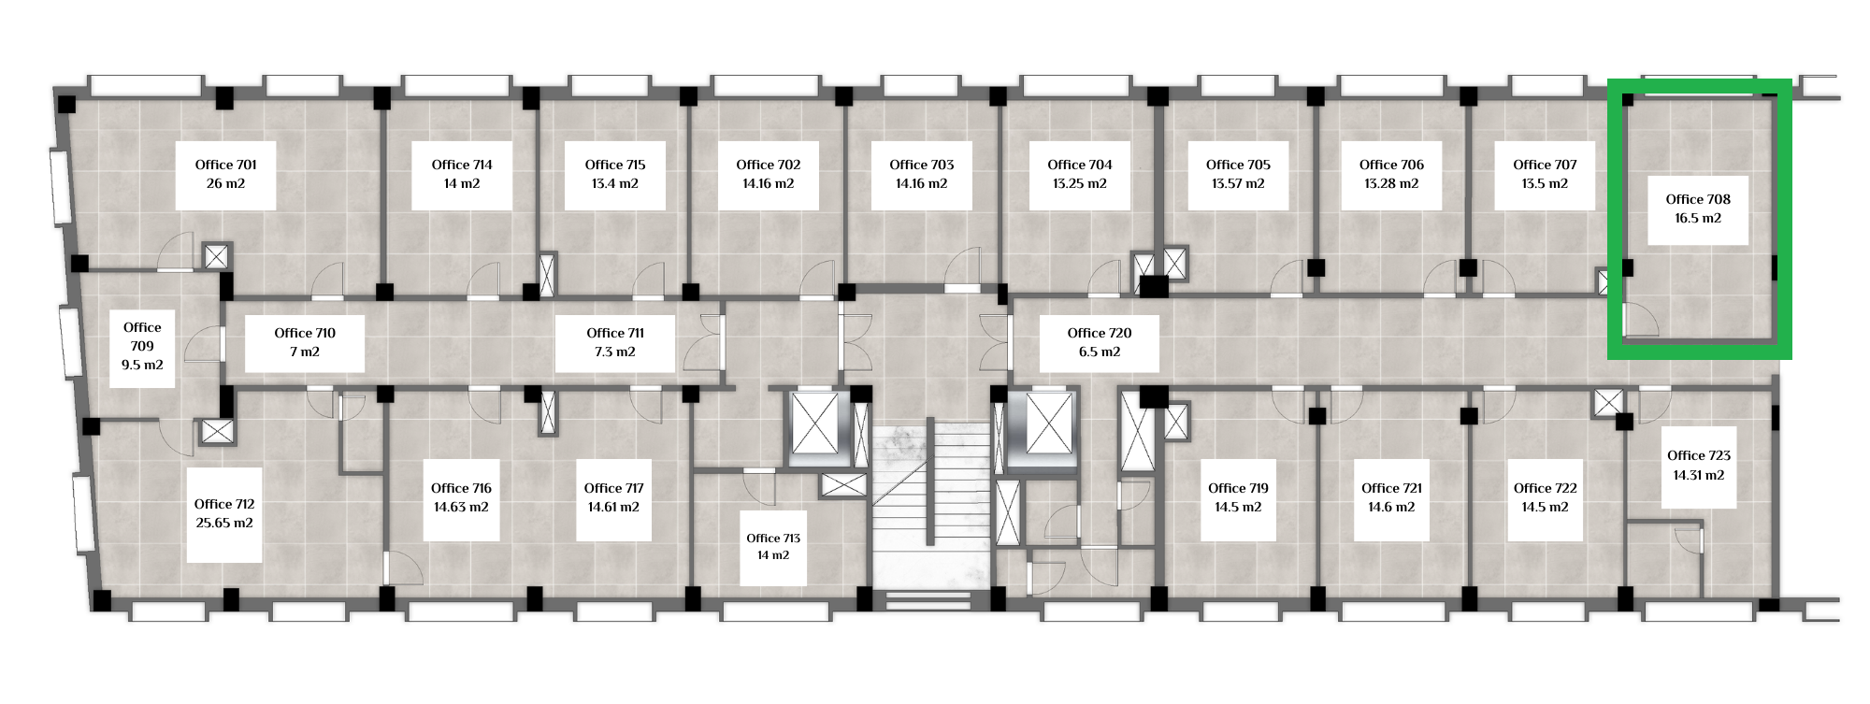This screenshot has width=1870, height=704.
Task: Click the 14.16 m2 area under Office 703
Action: click(x=922, y=183)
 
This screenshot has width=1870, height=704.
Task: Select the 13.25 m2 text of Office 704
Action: click(x=1080, y=183)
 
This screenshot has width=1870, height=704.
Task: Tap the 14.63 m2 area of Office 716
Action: click(x=461, y=507)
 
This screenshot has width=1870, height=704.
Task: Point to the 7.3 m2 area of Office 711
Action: click(x=615, y=352)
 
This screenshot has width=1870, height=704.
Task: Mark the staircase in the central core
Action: click(x=930, y=510)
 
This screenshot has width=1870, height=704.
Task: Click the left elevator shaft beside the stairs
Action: click(x=815, y=424)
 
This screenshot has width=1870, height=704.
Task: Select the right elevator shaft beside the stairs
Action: click(x=1051, y=424)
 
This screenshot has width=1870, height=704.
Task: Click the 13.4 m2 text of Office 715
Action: click(x=615, y=183)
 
